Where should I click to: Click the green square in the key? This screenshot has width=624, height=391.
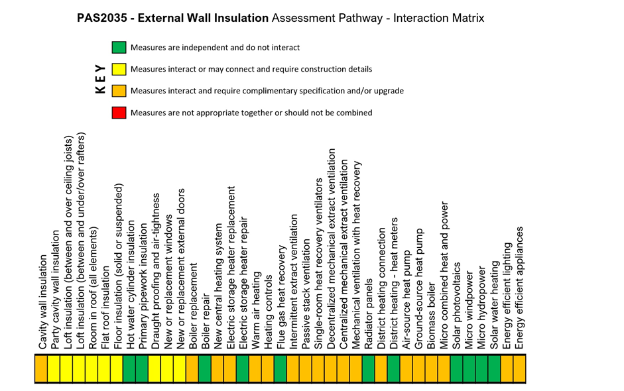point(119,47)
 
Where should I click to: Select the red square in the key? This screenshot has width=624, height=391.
point(119,113)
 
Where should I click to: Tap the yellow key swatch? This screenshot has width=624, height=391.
point(119,69)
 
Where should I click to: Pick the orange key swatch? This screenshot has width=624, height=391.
point(119,91)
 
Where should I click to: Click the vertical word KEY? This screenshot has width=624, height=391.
point(100,79)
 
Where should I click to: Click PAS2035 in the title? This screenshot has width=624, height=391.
point(102,18)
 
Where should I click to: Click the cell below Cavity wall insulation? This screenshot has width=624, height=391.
point(41,368)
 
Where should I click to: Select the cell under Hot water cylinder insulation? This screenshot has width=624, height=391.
point(129,368)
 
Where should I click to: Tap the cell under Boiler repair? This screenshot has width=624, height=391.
point(204,368)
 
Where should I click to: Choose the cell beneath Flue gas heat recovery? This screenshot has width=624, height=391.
point(280,368)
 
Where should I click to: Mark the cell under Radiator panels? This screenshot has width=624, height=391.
point(368,368)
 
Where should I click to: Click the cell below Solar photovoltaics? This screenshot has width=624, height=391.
point(456,368)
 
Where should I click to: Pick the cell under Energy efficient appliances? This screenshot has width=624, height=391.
point(519,368)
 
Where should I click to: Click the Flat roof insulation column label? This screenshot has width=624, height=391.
point(105,308)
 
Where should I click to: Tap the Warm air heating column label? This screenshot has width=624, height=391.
point(256,311)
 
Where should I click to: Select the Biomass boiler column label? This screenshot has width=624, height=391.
point(432,316)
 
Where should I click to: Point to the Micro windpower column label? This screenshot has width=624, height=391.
point(469,311)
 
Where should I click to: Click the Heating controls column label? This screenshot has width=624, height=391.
point(268,312)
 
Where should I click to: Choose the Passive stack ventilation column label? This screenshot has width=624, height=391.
point(306,294)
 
